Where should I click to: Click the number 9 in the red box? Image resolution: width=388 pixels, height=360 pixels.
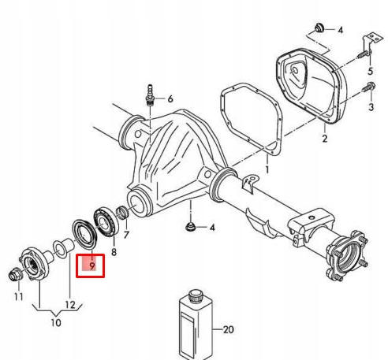pyautogui.click(x=92, y=265)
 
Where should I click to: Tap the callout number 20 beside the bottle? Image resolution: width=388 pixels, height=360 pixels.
pyautogui.click(x=228, y=329)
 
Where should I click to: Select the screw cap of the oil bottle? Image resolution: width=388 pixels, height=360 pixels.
pyautogui.click(x=196, y=296)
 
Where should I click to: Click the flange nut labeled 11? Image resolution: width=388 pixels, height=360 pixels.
pyautogui.click(x=14, y=275)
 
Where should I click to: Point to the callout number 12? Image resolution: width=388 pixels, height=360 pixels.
pyautogui.click(x=70, y=305)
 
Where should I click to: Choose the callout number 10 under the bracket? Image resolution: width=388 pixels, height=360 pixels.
pyautogui.click(x=56, y=322)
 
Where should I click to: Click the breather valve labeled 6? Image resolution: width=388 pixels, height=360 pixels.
pyautogui.click(x=150, y=95)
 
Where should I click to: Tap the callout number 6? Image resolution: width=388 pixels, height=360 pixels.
pyautogui.click(x=170, y=99)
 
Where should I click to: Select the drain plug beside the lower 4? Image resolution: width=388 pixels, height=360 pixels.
pyautogui.click(x=190, y=227)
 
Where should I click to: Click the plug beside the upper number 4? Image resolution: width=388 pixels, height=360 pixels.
pyautogui.click(x=319, y=28)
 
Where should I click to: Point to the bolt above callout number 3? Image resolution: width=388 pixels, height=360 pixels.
pyautogui.click(x=369, y=87)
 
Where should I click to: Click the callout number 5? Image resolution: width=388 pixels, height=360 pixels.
pyautogui.click(x=370, y=71)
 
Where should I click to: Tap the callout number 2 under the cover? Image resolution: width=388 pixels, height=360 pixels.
pyautogui.click(x=325, y=139)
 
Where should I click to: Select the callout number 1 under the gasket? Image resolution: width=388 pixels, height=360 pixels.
pyautogui.click(x=267, y=169)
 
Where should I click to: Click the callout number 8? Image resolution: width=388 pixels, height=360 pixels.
pyautogui.click(x=114, y=252)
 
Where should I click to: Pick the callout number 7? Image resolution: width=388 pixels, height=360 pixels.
pyautogui.click(x=126, y=235)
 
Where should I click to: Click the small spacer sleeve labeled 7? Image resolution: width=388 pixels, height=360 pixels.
pyautogui.click(x=122, y=213)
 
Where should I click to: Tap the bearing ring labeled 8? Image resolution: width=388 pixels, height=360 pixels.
pyautogui.click(x=106, y=222)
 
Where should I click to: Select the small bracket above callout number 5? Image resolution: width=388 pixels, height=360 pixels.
pyautogui.click(x=373, y=42)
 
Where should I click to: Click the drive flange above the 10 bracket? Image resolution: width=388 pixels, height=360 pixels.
pyautogui.click(x=35, y=264)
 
